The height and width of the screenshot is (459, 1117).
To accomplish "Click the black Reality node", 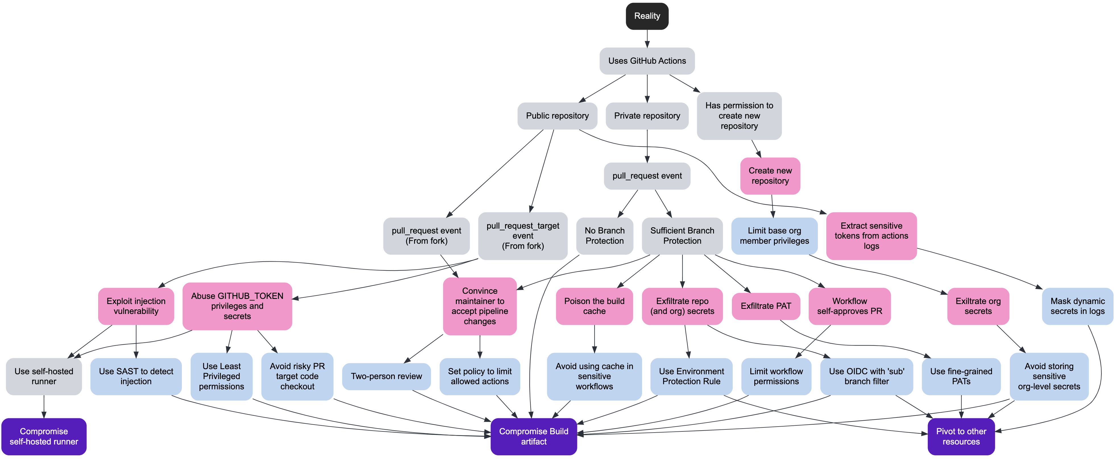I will coord(647,16).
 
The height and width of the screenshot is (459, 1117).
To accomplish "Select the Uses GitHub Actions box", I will coord(647,61).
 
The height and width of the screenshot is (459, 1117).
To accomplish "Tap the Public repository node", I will coord(557,116).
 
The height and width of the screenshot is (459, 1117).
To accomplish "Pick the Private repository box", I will coord(647,116).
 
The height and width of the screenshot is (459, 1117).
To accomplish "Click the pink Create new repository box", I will coord(770,176).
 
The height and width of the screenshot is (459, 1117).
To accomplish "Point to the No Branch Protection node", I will coord(605,235).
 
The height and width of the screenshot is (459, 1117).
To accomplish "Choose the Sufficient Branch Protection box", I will coord(682,235).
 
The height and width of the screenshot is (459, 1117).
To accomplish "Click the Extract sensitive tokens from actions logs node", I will coord(871,235).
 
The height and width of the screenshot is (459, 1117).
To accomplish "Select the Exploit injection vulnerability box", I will coord(136,306).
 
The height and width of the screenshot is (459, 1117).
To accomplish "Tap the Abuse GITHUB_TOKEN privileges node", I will coord(237,306).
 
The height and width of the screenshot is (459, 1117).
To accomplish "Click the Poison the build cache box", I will coord(594,306).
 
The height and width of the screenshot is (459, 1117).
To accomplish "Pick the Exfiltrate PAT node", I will coord(766,306).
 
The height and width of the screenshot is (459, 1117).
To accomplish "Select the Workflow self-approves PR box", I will coord(850,306).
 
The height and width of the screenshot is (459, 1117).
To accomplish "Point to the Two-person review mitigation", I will coord(386,376).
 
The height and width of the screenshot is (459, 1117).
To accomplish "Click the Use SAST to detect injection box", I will coord(136,376).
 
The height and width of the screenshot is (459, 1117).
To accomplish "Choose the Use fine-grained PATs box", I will coord(961,376).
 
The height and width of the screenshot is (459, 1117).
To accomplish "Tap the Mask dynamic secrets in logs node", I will coord(1077,306).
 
